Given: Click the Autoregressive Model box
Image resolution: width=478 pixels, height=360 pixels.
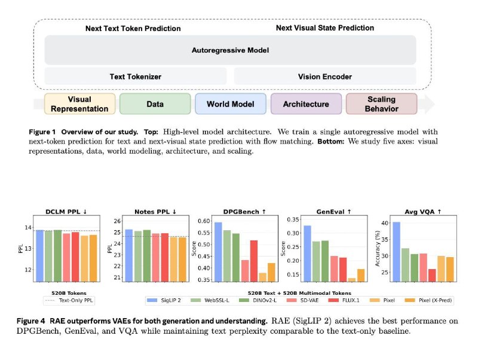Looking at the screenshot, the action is pos(230,50).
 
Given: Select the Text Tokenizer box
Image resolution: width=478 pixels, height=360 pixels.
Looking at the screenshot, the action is pos(136,77).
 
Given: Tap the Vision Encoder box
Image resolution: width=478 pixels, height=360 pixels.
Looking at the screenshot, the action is pos(325,77).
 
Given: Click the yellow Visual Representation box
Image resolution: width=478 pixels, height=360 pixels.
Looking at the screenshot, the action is pos(79,104).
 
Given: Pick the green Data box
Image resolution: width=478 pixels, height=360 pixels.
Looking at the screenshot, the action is pos(155,104).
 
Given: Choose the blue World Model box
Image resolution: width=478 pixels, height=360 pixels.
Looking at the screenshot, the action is pos(231,104).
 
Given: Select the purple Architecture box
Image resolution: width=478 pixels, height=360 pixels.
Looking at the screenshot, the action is pos(306,104).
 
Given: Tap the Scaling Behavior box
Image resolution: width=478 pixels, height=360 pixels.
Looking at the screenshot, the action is pos(381,104).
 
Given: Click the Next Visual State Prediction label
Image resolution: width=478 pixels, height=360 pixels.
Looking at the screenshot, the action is pos(325,28).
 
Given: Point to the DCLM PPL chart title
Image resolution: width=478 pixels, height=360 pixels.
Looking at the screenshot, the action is pos(66,212).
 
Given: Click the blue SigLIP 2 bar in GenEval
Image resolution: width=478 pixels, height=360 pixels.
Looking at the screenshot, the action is pos(307,254).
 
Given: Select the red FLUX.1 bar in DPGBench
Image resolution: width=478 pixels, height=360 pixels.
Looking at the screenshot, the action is pos(253,261).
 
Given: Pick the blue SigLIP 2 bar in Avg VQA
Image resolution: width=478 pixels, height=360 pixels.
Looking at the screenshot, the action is pos(396,252).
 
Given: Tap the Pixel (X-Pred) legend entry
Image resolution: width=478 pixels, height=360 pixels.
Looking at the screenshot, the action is pos(428,300).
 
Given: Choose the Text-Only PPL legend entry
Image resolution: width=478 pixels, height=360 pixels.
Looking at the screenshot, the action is pos(69,300).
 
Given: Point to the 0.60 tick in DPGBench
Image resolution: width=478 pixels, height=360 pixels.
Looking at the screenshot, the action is pos(204,221).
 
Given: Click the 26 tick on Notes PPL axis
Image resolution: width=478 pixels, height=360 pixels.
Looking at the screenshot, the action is pos(117,221).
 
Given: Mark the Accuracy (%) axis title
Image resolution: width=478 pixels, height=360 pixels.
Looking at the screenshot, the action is pos(378,248).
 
